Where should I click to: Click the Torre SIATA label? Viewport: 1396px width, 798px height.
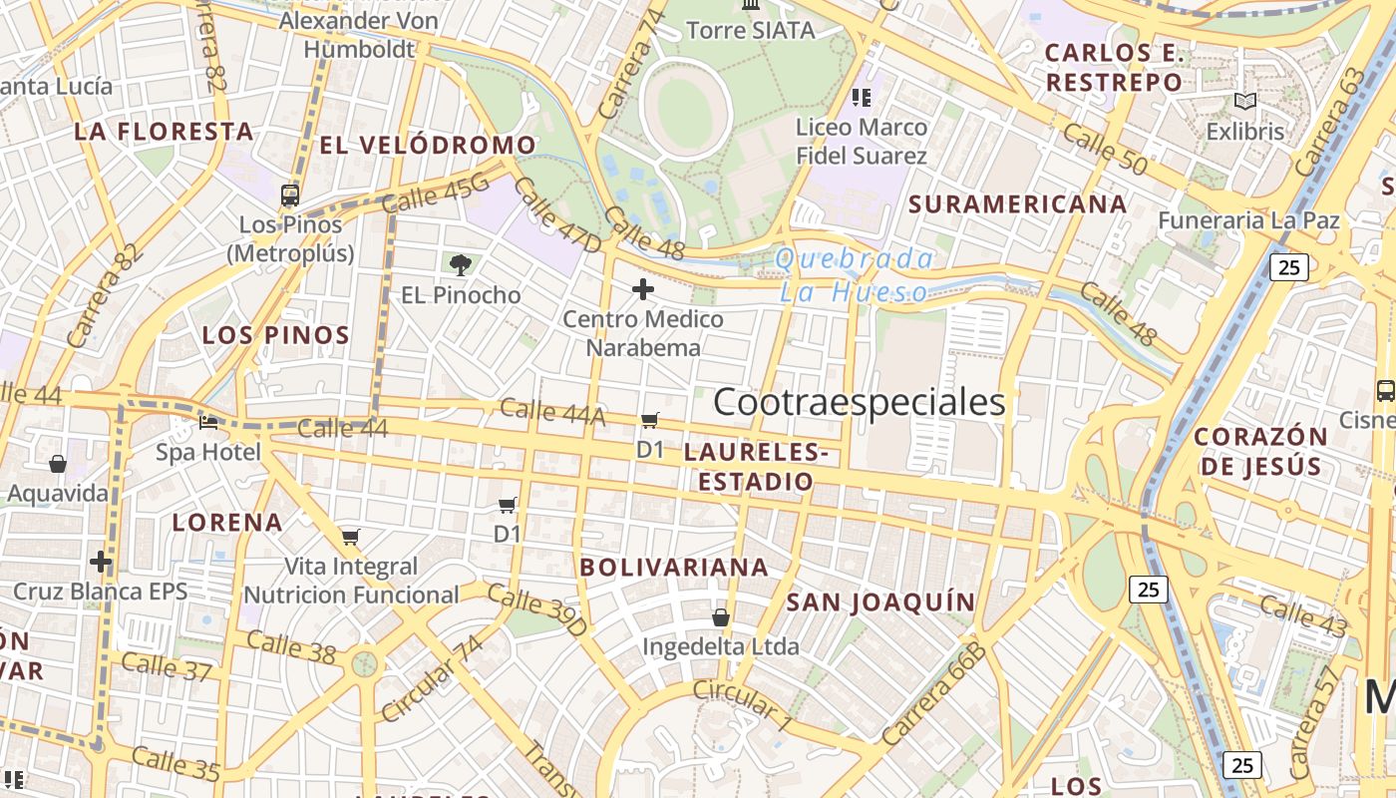pos(751,30)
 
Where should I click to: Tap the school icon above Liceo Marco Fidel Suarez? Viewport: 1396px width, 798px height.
pos(862,98)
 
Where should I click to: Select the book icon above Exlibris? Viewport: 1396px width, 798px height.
pos(1244,101)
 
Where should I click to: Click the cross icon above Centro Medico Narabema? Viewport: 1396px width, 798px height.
pos(643,290)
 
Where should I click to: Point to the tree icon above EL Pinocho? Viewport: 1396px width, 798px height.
pos(460,264)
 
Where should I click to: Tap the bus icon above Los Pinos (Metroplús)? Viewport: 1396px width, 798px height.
pos(290,195)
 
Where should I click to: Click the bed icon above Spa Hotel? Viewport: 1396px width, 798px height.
pos(208,422)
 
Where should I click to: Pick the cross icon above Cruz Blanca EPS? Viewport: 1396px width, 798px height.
pos(101,561)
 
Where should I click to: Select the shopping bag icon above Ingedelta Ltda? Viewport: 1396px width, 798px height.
pos(720,617)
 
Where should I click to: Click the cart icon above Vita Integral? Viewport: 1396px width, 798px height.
pos(350,537)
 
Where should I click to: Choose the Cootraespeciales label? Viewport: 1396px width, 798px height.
pos(860,402)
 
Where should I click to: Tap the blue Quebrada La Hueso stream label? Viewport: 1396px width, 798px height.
pos(854,275)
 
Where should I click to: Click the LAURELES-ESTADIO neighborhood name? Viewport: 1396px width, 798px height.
pos(756,467)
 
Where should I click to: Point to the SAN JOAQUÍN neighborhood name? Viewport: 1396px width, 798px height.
pos(880,601)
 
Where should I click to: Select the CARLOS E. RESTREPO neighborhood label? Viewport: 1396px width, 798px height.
pos(1114,67)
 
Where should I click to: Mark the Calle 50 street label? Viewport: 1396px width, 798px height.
pos(1104,149)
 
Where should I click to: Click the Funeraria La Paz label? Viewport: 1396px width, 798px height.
pos(1248,219)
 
